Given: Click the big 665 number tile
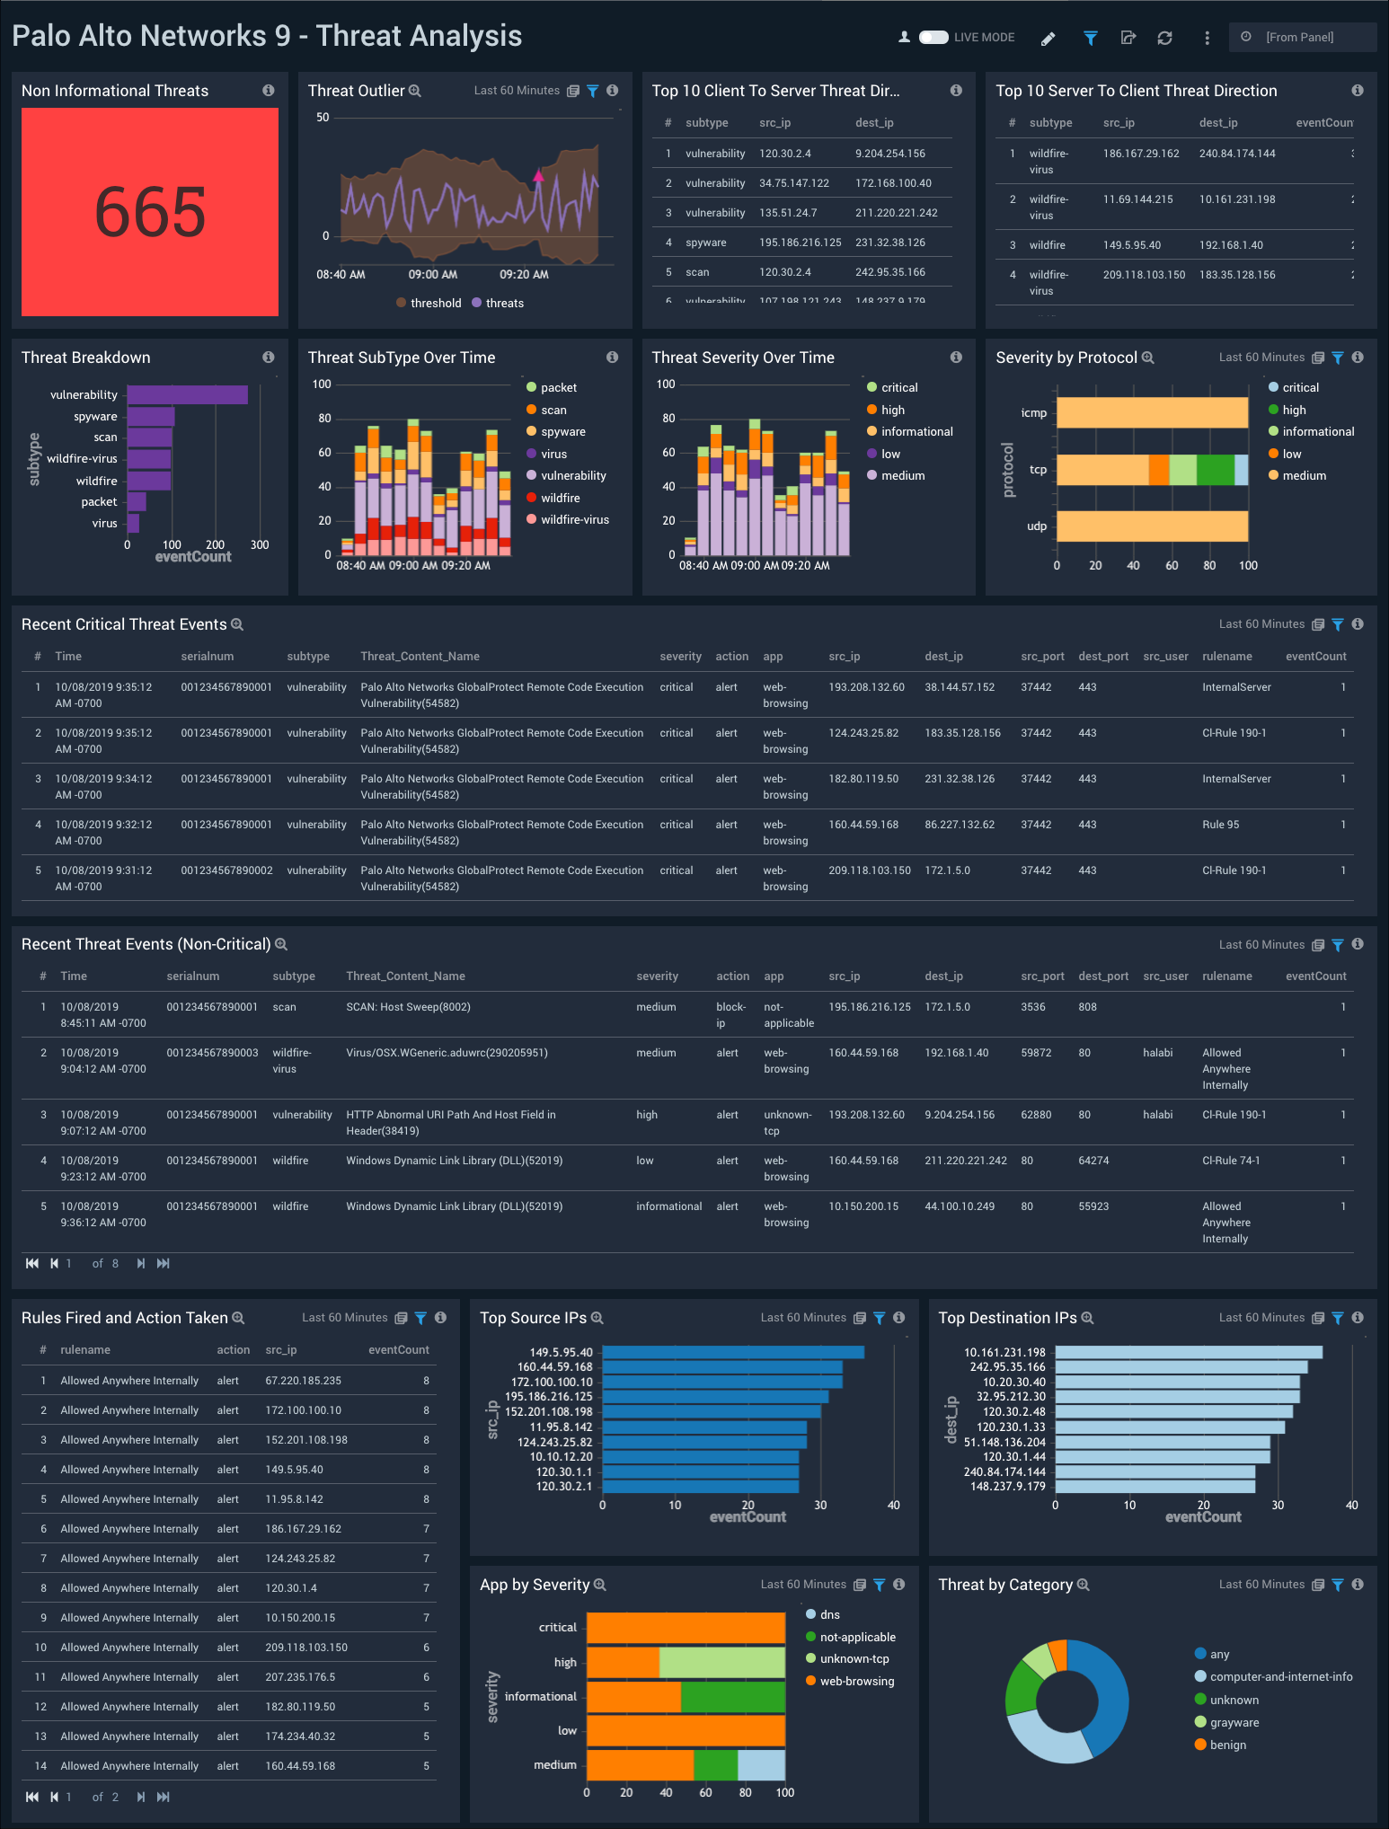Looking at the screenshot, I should click(150, 212).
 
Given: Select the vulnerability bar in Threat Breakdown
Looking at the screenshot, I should click(187, 394).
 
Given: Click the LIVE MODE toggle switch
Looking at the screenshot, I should click(933, 37).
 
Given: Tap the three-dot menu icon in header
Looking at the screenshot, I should click(1207, 38).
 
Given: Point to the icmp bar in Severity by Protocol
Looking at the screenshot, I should click(1152, 412).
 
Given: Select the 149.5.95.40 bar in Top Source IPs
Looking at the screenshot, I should click(732, 1352).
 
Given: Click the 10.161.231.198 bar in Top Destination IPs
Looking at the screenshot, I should click(1188, 1352).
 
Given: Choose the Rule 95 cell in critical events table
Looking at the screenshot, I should click(1220, 825).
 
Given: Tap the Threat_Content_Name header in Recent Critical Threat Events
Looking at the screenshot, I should click(420, 657).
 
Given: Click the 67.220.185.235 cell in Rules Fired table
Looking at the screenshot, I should click(303, 1381).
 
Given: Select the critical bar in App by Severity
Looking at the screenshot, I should click(686, 1628).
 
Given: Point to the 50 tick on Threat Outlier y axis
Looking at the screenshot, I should click(323, 118).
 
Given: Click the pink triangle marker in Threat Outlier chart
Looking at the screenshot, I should click(538, 176).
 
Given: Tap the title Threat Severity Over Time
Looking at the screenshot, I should click(742, 358).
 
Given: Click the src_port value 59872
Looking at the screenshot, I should click(1035, 1053).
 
